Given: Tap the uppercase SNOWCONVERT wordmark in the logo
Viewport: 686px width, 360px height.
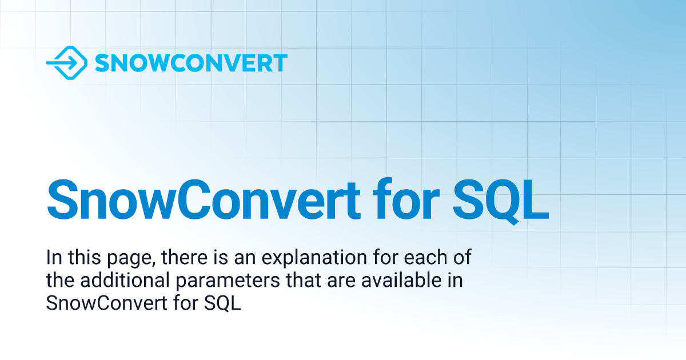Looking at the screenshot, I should tap(190, 63).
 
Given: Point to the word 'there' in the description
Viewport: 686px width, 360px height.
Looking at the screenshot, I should tap(182, 258).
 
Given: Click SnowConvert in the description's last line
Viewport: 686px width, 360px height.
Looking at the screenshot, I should tap(105, 304).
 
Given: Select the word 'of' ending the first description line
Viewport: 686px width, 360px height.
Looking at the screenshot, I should tap(464, 258).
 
